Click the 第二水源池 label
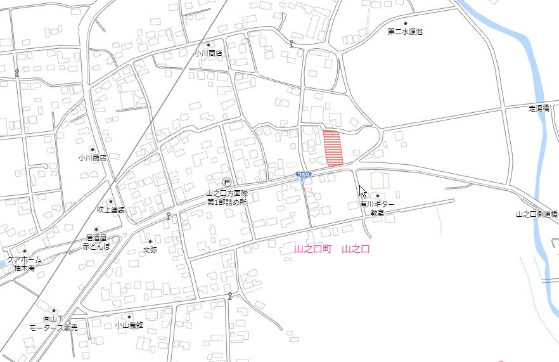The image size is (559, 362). point(405,31)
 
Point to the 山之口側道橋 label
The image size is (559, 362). point(537,214)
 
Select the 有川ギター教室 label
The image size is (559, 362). point(378,209)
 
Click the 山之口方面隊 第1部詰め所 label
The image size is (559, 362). point(226,197)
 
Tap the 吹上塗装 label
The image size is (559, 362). point(111,209)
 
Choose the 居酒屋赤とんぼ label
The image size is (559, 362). point(96,242)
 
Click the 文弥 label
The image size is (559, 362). point(150,250)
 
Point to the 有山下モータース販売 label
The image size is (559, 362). point(54,323)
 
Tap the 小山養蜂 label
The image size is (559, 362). point(129,325)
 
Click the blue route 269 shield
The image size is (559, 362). point(305,175)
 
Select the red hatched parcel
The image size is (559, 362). point(333,148)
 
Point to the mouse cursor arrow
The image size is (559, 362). point(362,191)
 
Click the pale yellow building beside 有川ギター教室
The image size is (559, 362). point(377,180)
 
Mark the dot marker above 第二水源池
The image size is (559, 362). point(406,23)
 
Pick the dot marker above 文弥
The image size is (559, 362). point(150,242)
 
